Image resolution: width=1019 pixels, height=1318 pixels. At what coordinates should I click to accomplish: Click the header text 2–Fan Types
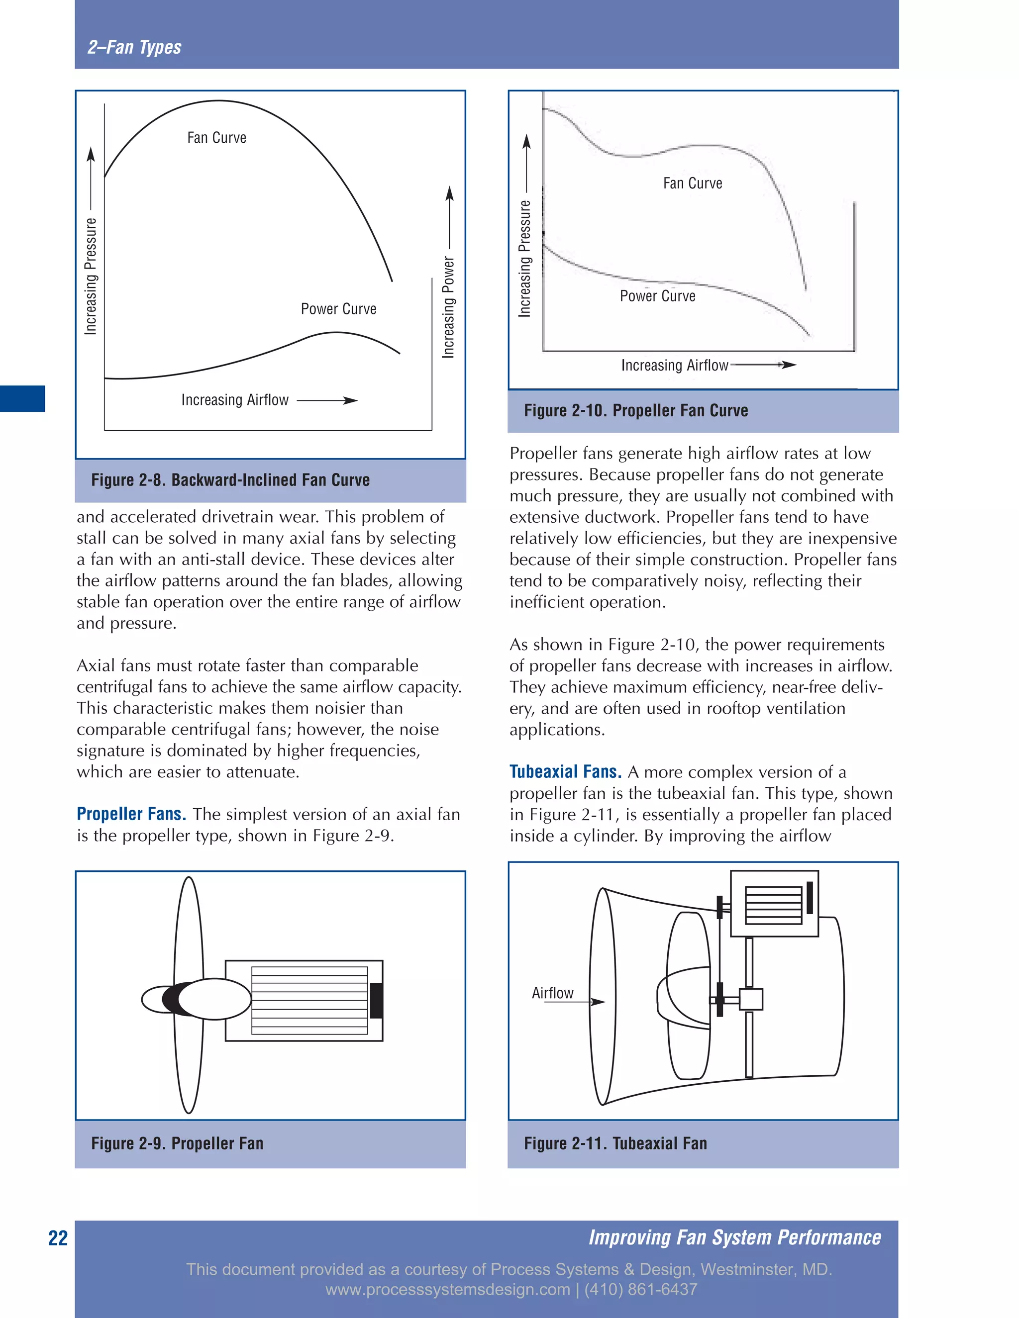(x=134, y=47)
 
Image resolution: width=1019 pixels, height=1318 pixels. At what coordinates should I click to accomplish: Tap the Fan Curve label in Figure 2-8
(x=217, y=138)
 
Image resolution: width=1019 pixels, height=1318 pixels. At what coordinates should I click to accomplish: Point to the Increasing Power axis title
(x=448, y=306)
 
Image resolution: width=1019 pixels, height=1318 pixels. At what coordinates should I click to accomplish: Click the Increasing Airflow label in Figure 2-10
(x=674, y=365)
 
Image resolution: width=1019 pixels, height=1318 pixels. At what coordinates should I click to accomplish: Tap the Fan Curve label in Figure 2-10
(x=693, y=184)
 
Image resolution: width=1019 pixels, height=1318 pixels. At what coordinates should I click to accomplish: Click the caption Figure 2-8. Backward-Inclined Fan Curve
(x=230, y=480)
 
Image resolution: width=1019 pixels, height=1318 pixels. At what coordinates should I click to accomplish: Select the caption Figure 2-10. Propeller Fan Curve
(x=636, y=410)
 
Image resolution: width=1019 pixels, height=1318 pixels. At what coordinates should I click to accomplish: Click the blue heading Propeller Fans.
(x=131, y=814)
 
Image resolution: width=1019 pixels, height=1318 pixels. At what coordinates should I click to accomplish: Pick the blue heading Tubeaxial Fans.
(x=565, y=772)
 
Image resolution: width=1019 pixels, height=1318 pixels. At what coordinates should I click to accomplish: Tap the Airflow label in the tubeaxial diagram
(x=552, y=993)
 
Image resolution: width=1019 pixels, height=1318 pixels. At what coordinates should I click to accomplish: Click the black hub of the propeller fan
(x=171, y=999)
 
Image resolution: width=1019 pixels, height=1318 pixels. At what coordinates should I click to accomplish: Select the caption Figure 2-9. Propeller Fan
(x=177, y=1143)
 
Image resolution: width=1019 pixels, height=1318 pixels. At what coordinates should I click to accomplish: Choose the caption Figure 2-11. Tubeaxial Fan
(x=615, y=1143)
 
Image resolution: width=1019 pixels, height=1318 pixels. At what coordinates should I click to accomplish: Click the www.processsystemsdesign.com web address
(x=447, y=1290)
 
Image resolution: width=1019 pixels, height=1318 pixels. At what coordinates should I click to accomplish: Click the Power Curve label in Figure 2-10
(x=657, y=296)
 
